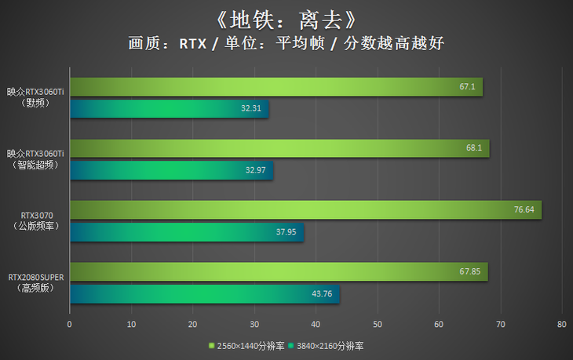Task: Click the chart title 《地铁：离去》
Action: point(286,17)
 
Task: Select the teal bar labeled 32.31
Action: point(169,108)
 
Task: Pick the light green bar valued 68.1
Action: point(279,148)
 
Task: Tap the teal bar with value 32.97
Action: point(171,169)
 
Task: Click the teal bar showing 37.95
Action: point(186,231)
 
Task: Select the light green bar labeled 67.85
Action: point(278,271)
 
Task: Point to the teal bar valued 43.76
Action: point(204,293)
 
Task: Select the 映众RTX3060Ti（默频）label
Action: point(35,96)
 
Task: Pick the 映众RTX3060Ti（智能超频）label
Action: point(35,158)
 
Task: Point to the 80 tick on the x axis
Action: point(561,323)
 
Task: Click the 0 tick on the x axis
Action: point(70,323)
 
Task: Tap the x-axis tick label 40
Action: point(316,323)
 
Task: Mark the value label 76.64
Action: point(524,209)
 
